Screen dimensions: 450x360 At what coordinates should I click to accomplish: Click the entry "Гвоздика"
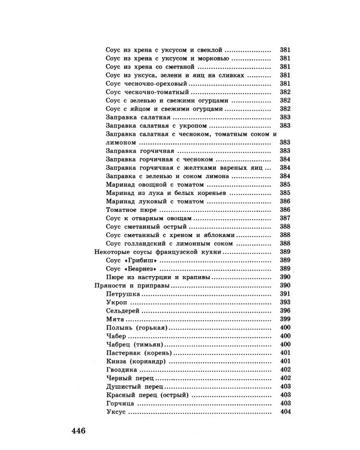tap(122, 371)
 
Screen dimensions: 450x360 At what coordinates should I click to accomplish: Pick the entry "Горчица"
tap(121, 404)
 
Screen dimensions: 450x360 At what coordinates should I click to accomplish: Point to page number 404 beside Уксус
tap(285, 413)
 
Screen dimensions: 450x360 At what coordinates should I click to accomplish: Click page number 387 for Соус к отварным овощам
tap(285, 220)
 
